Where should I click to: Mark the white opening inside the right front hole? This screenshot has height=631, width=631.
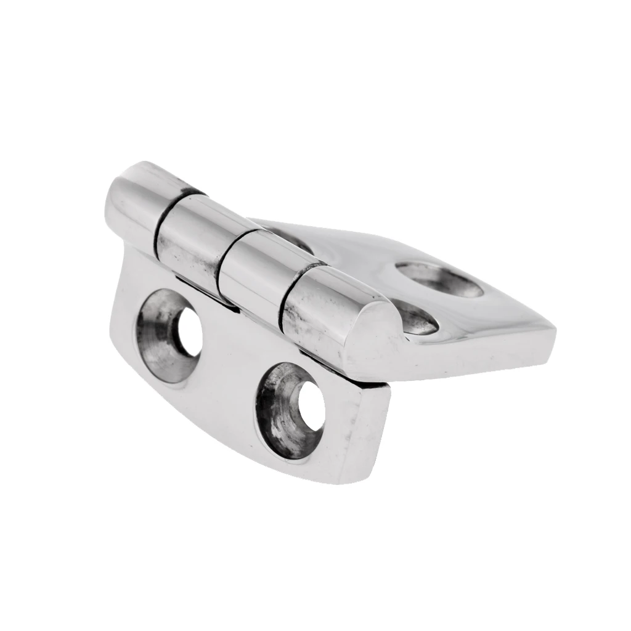click(x=311, y=406)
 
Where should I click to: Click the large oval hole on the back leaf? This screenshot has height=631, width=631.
click(x=439, y=279)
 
